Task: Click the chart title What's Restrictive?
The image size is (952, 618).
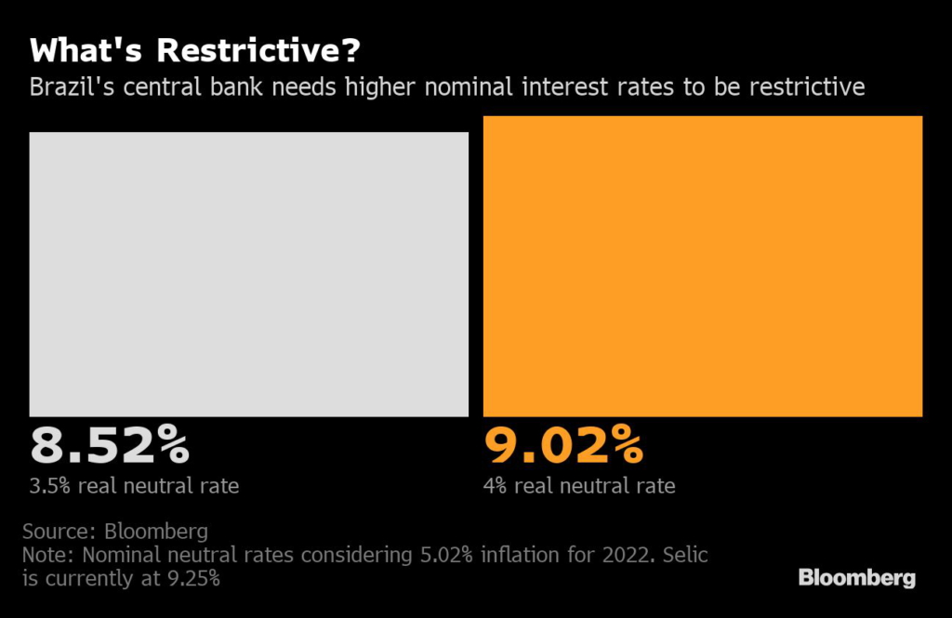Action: [x=195, y=50]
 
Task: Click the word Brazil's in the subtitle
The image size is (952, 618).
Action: [x=72, y=86]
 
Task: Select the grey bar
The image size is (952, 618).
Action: [x=249, y=274]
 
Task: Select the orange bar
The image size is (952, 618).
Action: [x=703, y=267]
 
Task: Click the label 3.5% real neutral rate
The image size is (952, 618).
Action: [x=134, y=486]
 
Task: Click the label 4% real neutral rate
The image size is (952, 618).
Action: [x=579, y=486]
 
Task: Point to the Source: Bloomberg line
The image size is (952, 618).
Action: [x=115, y=532]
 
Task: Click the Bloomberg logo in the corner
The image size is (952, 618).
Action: [x=856, y=577]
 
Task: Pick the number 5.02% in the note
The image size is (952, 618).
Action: [x=446, y=555]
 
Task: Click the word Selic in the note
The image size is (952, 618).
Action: [x=685, y=555]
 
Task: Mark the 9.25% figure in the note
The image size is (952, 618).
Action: [x=193, y=579]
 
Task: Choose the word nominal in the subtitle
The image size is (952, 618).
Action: [x=469, y=86]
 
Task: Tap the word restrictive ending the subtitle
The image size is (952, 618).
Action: [x=807, y=86]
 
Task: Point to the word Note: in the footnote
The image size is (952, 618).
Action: [x=48, y=555]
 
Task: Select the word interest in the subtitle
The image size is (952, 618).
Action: [x=565, y=86]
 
